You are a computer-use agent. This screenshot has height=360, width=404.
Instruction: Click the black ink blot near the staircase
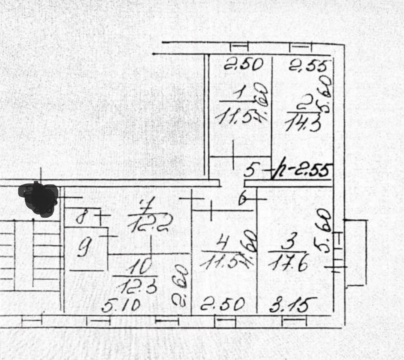39,199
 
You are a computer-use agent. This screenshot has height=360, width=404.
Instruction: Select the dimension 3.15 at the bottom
293,304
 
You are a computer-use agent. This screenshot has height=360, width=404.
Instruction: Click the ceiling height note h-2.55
302,171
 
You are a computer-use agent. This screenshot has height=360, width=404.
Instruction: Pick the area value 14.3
303,123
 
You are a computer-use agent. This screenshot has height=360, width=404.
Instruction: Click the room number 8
80,217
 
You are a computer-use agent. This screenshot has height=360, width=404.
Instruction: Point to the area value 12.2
150,225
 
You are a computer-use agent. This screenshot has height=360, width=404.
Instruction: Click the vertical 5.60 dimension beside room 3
324,236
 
